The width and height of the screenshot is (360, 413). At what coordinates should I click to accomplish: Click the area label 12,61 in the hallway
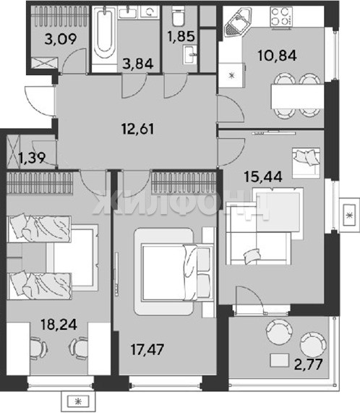pos(137,129)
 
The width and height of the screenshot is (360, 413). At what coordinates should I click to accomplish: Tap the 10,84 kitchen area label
pos(277,55)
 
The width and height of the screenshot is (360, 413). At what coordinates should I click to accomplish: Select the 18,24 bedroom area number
pos(59,324)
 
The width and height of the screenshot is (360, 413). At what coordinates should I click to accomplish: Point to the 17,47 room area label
pos(147,349)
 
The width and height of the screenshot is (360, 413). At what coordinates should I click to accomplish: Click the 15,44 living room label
pos(263,176)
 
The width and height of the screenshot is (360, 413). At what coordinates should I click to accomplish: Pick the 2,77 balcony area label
pos(308,365)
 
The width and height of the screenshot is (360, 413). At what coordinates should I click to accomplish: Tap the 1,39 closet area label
pos(32,158)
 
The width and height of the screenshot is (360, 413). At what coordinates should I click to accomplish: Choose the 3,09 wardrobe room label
pos(61,39)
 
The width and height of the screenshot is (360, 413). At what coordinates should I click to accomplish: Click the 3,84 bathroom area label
pos(138,64)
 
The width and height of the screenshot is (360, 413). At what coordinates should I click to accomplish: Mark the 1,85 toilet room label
pos(181,36)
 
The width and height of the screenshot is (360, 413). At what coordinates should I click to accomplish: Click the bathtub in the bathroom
pos(104,34)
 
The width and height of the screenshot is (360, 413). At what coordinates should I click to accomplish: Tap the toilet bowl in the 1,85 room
pos(179,16)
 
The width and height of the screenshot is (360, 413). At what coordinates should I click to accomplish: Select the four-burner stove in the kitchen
pos(281,17)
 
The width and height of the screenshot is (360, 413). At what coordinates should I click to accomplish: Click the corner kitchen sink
pos(238,22)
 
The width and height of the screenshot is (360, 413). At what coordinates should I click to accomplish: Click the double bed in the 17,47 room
pos(177,272)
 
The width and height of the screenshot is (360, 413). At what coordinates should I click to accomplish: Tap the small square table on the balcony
pos(280,360)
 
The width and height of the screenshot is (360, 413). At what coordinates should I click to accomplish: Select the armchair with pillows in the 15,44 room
pos(306,161)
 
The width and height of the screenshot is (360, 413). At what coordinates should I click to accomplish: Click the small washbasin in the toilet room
pos(190,54)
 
